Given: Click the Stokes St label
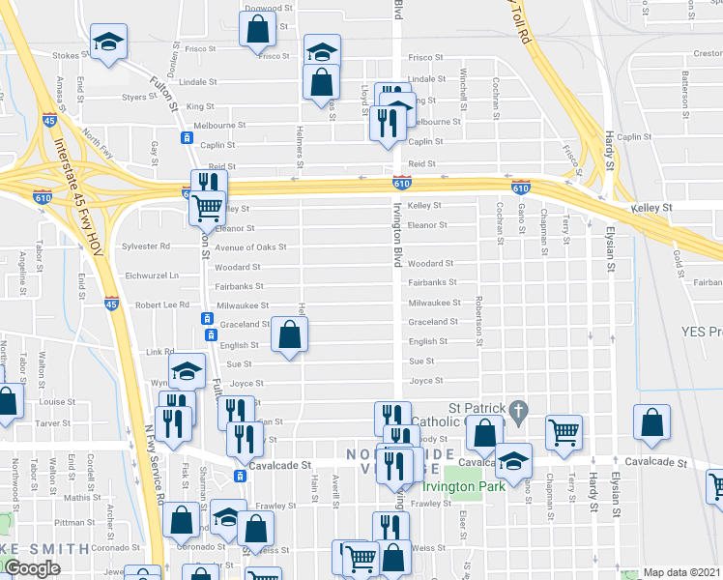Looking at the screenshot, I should tap(66, 56).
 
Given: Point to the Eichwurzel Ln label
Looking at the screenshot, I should tap(154, 275).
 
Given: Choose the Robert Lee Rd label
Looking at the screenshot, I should tap(161, 304).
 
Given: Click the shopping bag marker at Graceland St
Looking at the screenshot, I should tap(289, 335).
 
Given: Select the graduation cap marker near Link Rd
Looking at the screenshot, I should tap(187, 371).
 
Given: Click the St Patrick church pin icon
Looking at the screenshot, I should tap(518, 411).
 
